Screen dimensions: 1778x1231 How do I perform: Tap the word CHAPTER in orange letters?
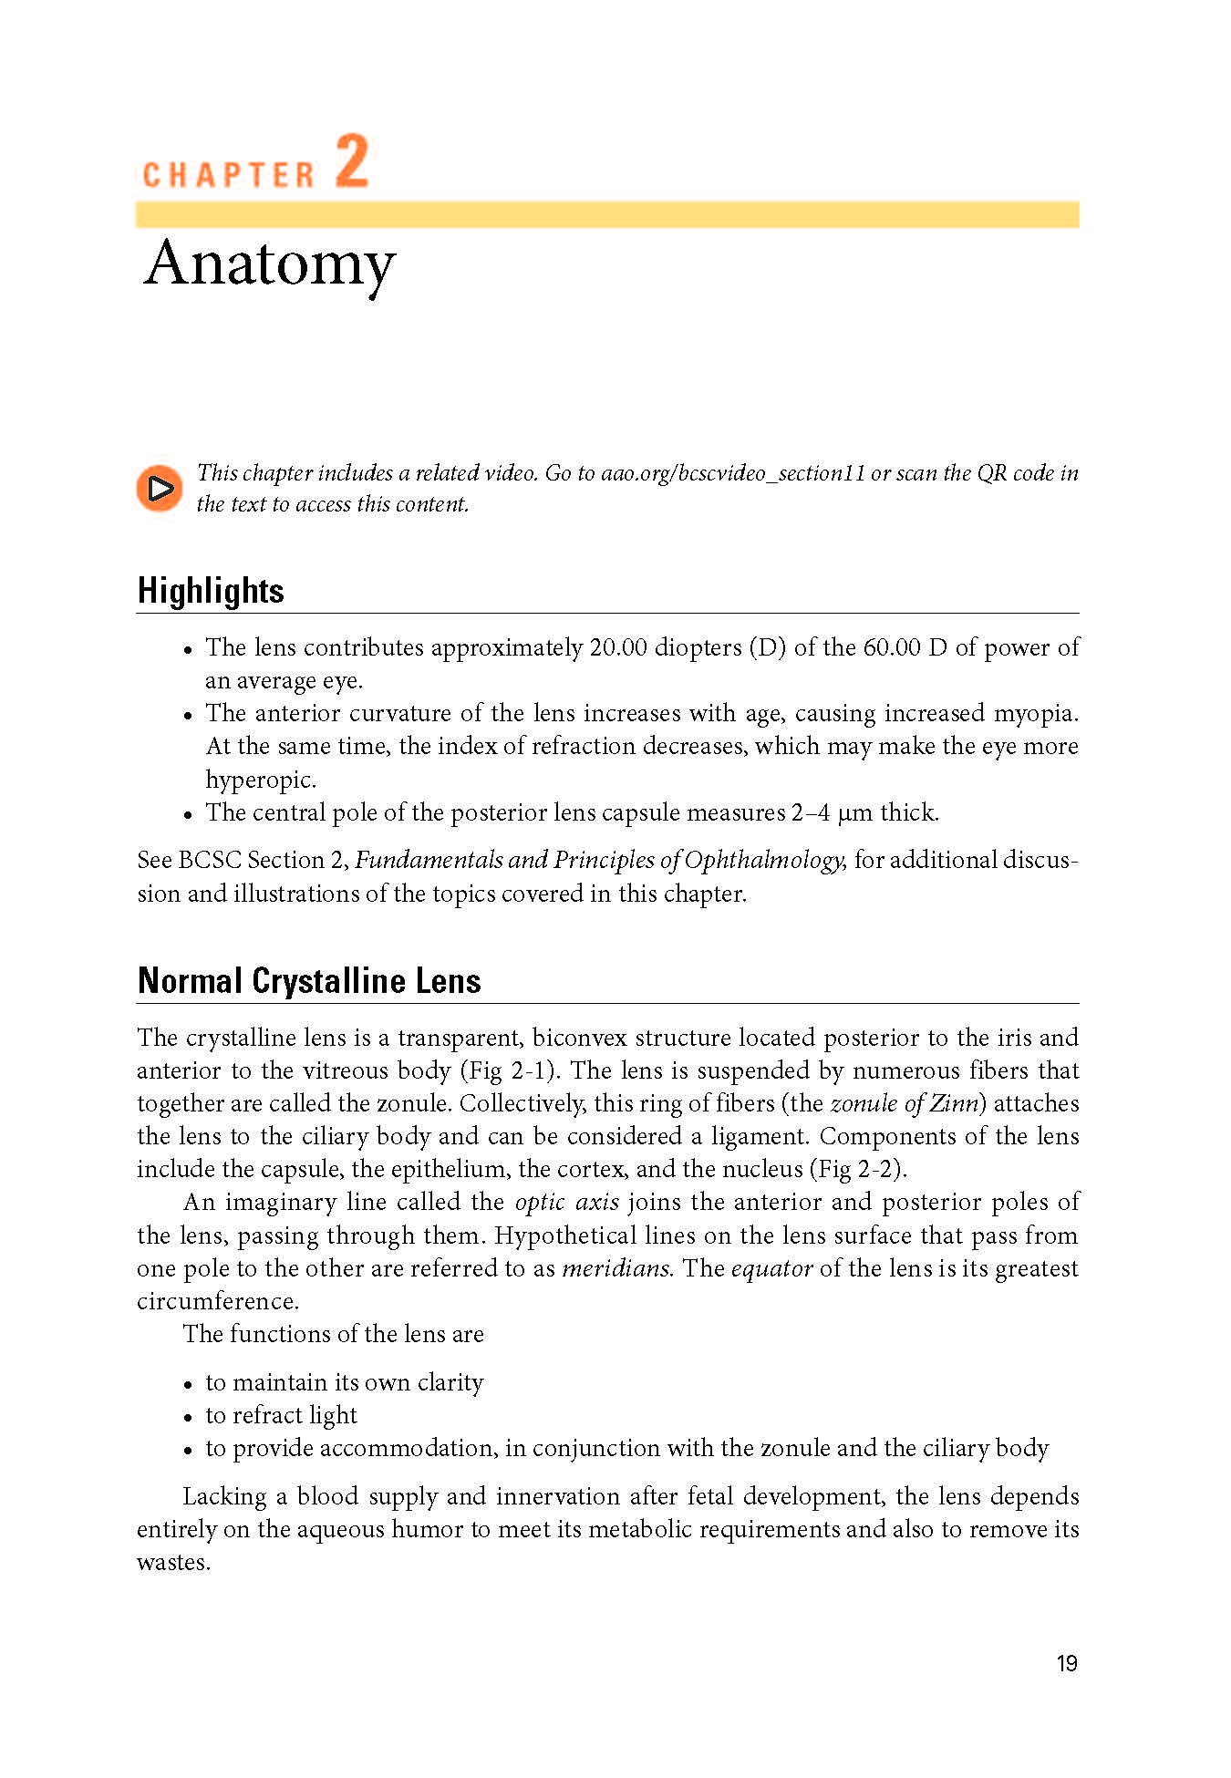click(x=228, y=174)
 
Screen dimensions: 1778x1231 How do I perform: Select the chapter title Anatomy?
click(x=270, y=264)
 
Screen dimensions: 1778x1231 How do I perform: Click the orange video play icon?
click(x=160, y=489)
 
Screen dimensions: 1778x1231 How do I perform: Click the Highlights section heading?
click(x=211, y=591)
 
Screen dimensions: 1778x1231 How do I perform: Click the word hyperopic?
click(x=261, y=780)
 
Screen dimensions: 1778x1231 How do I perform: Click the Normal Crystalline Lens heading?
click(x=309, y=981)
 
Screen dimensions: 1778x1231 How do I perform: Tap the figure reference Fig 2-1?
click(x=511, y=1070)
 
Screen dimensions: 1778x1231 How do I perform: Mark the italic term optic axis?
click(x=567, y=1202)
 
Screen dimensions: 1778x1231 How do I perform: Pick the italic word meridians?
click(x=617, y=1268)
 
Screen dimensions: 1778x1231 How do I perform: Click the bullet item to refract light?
click(x=281, y=1415)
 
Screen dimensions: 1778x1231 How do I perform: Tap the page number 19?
click(x=1067, y=1664)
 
